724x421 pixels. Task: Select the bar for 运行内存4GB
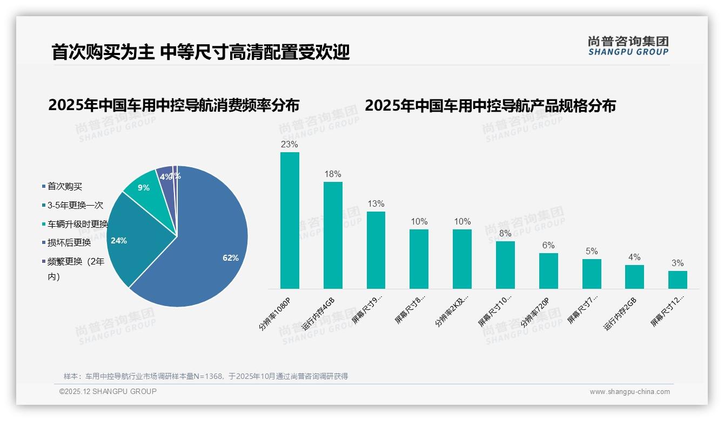point(333,235)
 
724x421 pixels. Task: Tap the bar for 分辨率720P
point(548,271)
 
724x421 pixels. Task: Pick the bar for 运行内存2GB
point(634,277)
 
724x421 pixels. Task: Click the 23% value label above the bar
point(290,145)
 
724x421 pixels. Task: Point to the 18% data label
point(333,174)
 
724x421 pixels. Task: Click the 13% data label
point(376,204)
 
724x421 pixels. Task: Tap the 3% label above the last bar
point(678,263)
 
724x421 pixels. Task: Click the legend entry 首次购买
point(64,187)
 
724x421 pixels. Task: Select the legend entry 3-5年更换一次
point(75,206)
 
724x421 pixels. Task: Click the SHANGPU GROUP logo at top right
point(628,46)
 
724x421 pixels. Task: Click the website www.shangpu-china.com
point(629,392)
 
